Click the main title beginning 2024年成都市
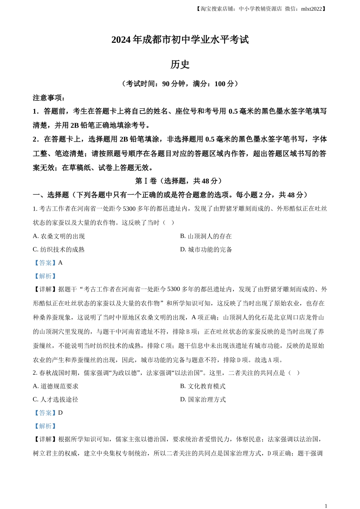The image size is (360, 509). [180, 40]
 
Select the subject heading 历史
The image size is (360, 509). [180, 64]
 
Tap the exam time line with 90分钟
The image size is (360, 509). [180, 84]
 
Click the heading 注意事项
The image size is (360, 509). [49, 98]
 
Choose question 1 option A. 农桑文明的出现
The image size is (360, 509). [59, 236]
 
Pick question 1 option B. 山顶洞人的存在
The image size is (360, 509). [206, 236]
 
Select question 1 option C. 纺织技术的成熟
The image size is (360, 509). [59, 250]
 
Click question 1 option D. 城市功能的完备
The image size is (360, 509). [206, 250]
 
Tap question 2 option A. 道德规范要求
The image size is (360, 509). [56, 386]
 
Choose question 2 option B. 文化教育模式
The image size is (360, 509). [203, 386]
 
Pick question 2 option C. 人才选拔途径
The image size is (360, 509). [56, 400]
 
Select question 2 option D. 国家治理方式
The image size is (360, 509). [203, 400]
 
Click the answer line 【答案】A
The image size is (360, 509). [48, 263]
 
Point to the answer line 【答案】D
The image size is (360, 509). [48, 413]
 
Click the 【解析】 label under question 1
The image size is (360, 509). [45, 276]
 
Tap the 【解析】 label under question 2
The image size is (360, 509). [45, 426]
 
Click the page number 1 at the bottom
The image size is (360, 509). [326, 506]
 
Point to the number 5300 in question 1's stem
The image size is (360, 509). [130, 209]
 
